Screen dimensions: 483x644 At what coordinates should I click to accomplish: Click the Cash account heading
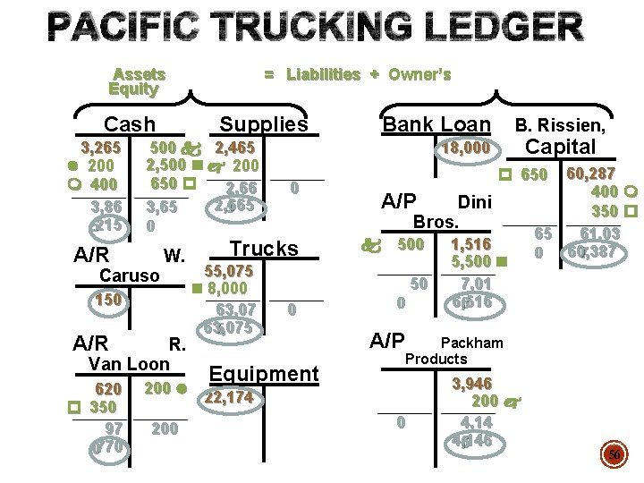pyautogui.click(x=130, y=125)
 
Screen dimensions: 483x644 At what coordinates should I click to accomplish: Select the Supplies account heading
pyautogui.click(x=263, y=125)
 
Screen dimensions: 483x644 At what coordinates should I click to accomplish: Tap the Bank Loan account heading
pyautogui.click(x=436, y=125)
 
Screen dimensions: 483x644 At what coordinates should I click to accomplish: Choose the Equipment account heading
pyautogui.click(x=263, y=374)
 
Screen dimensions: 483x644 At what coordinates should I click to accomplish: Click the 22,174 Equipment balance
pyautogui.click(x=230, y=397)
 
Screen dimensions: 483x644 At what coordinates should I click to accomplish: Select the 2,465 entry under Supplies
pyautogui.click(x=235, y=148)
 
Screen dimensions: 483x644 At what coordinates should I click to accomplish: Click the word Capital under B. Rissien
pyautogui.click(x=561, y=147)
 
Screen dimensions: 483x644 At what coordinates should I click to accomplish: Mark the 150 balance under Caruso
pyautogui.click(x=109, y=301)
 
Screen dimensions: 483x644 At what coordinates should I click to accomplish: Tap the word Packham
pyautogui.click(x=472, y=343)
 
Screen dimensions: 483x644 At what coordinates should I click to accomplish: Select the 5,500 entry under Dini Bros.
pyautogui.click(x=472, y=262)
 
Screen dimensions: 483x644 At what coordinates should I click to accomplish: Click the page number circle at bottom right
pyautogui.click(x=614, y=456)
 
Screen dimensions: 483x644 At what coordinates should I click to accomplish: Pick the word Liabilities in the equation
pyautogui.click(x=323, y=74)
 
